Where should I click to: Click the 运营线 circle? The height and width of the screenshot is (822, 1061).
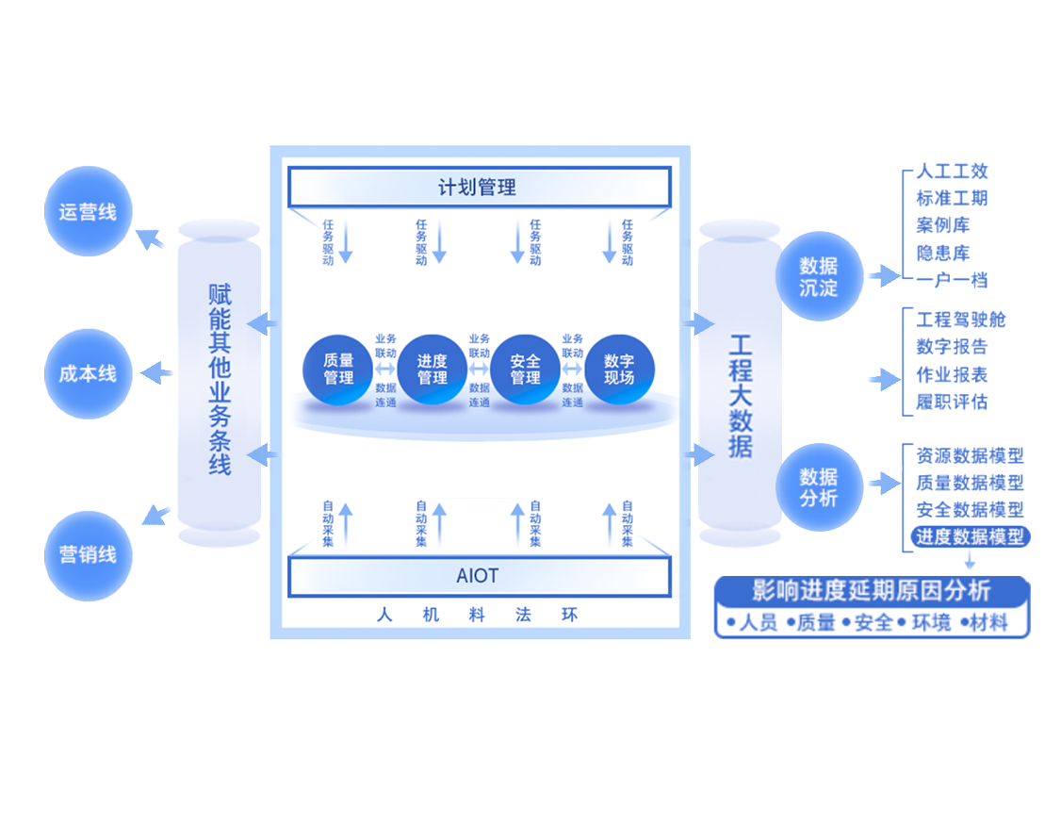point(88,212)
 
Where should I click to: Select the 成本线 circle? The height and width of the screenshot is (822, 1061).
point(88,373)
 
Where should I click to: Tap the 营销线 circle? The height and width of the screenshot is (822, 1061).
point(88,555)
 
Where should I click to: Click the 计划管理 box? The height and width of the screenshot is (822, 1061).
point(479,187)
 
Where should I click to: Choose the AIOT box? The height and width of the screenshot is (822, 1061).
point(479,576)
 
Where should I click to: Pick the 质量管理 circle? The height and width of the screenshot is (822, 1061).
point(338,370)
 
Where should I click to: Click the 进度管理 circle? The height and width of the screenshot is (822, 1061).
point(433,370)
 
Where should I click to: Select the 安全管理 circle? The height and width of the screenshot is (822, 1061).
point(526,370)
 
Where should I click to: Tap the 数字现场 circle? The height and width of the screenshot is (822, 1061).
point(619,370)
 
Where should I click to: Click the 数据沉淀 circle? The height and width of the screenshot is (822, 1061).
point(818,277)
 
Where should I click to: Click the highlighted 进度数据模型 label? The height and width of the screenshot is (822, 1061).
point(970,536)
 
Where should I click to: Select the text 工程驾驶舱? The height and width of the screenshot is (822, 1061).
point(960,320)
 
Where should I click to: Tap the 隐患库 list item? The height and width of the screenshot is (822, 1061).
point(942,253)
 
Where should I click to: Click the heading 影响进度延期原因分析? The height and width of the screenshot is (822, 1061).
point(872,592)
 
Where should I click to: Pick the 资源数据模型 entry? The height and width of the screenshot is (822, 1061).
point(970,455)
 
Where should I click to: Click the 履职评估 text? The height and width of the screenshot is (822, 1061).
point(952,402)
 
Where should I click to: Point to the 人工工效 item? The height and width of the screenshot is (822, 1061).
point(952,172)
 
